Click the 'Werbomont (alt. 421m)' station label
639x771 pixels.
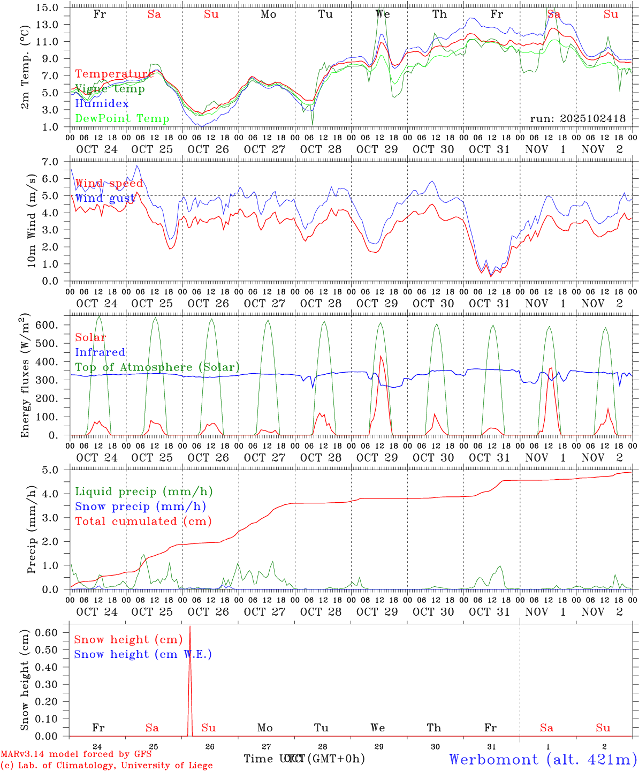(542, 759)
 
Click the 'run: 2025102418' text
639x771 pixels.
(577, 118)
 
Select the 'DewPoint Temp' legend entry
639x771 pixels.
(122, 118)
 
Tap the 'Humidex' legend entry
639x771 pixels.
(102, 103)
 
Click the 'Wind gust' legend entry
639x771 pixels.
(105, 198)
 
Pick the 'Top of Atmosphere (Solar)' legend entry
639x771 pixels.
(157, 367)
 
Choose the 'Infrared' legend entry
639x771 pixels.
(100, 352)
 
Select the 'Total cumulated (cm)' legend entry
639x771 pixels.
(143, 521)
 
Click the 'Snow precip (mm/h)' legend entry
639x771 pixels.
(140, 507)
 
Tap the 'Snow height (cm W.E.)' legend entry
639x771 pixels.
(143, 654)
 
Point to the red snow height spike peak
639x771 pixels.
(190, 626)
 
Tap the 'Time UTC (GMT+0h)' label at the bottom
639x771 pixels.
(304, 759)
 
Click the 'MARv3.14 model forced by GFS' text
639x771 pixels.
(76, 754)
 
